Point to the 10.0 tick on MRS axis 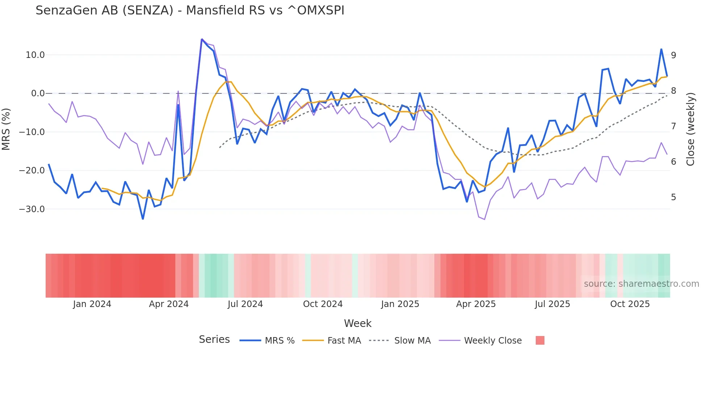click(35, 55)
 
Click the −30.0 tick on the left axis click(32, 209)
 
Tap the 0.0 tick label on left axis click(38, 93)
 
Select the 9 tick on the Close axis click(673, 55)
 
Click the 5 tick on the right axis click(673, 197)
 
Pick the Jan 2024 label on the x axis click(92, 304)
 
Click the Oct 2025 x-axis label click(630, 304)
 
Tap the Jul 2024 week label click(245, 304)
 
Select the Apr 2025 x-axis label click(476, 304)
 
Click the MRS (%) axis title click(6, 129)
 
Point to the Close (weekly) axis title click(691, 129)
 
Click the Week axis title click(358, 323)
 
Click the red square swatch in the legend click(540, 340)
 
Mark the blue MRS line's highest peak click(202, 39)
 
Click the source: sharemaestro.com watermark click(641, 284)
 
